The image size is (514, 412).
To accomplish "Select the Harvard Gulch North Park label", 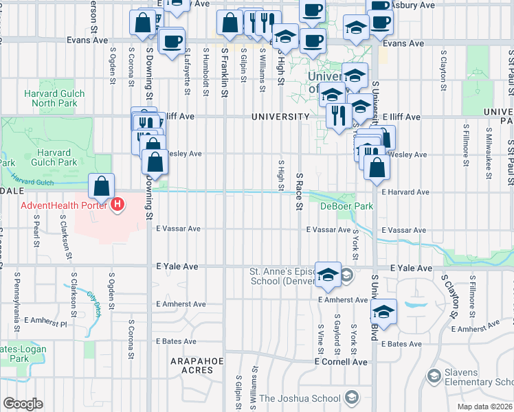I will click(x=54, y=98).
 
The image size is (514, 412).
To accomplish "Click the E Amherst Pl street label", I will click(x=46, y=320).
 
